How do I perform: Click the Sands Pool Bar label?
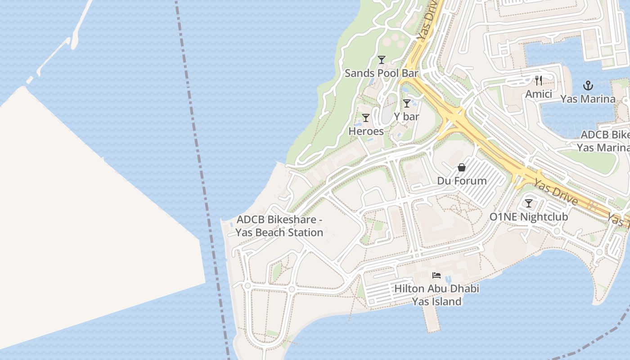(x=381, y=73)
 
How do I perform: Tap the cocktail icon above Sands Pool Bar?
(x=382, y=59)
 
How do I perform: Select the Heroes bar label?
(x=366, y=131)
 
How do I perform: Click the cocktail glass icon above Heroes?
(x=366, y=118)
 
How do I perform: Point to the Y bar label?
(x=406, y=117)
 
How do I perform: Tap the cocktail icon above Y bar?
(x=407, y=103)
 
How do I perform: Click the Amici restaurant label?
(x=539, y=94)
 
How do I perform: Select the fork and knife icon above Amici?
(x=539, y=81)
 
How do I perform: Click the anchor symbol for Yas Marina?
(x=588, y=85)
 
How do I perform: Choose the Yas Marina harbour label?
(x=588, y=99)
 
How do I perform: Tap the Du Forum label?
(x=462, y=181)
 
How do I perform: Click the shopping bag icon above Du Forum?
(x=462, y=167)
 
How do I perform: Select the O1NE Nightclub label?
(x=528, y=217)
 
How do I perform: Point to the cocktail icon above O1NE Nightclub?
(x=529, y=203)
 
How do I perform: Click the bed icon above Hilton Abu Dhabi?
(x=436, y=275)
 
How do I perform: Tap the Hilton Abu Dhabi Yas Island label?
(x=436, y=295)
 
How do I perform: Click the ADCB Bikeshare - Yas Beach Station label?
(x=279, y=226)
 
